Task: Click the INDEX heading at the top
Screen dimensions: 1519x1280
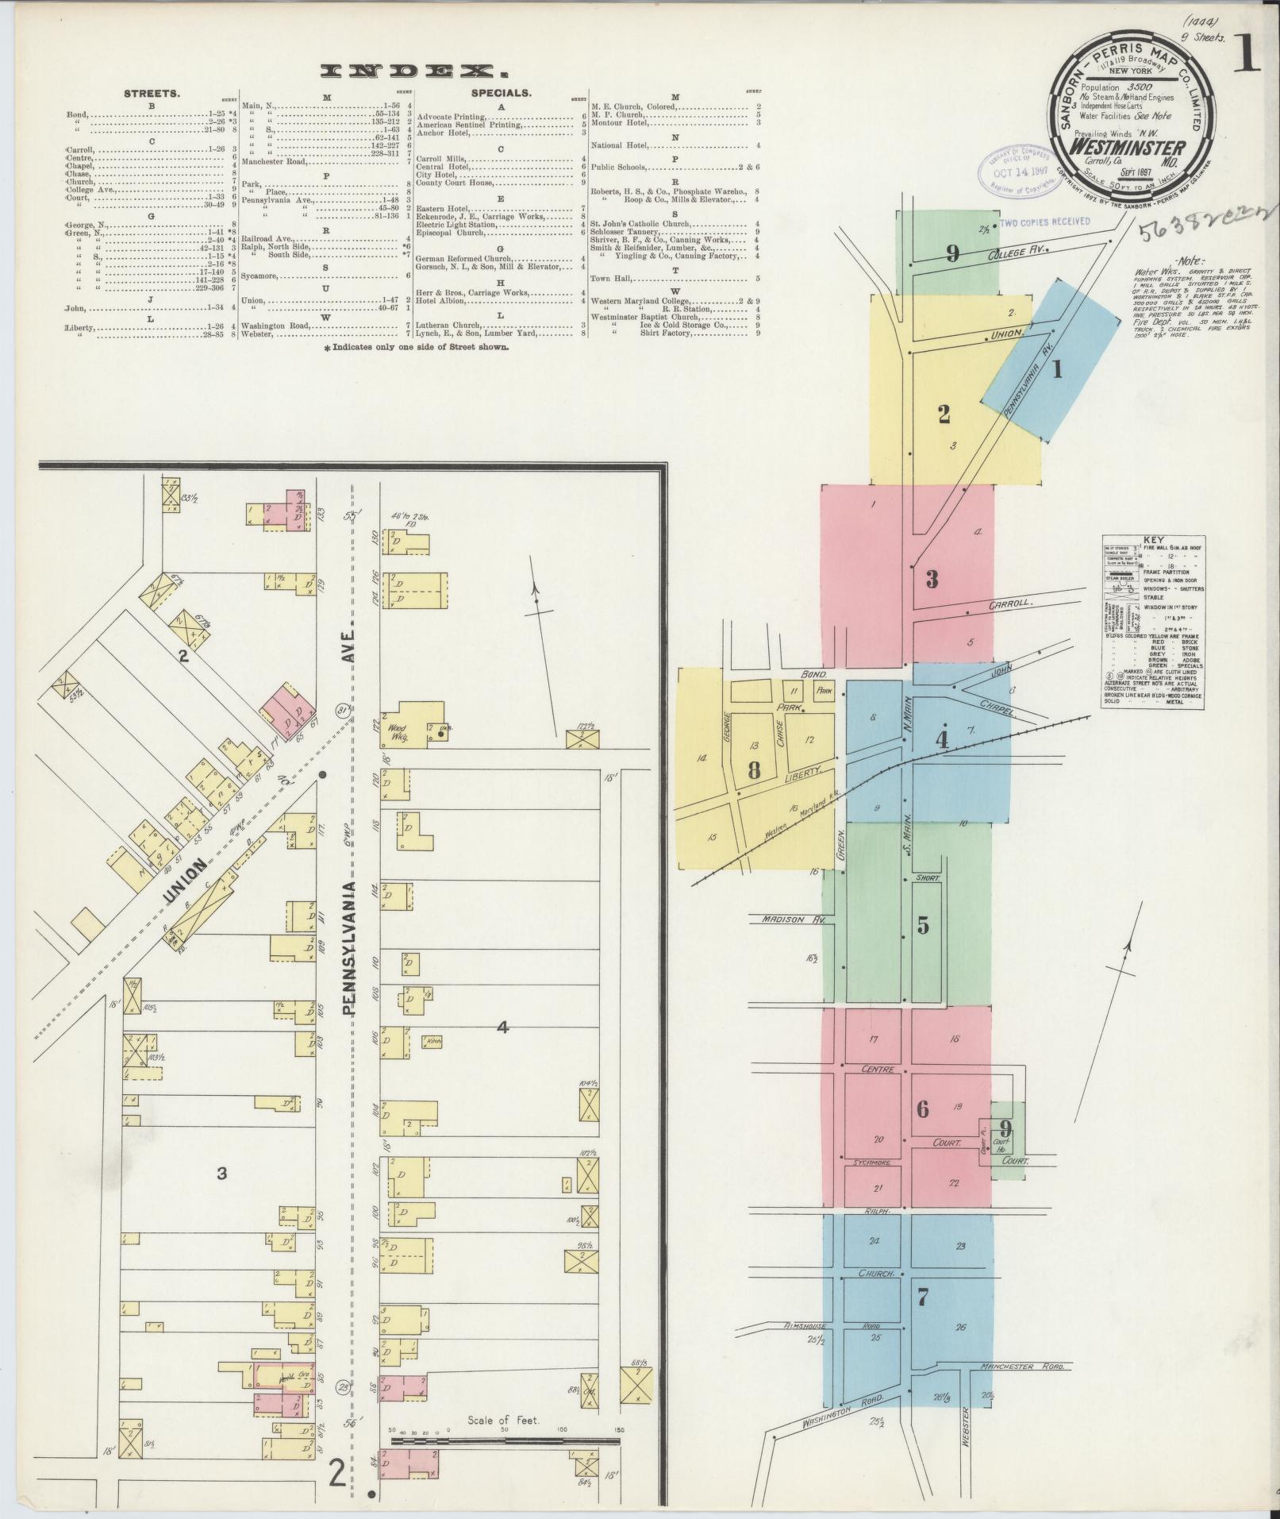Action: click(x=413, y=71)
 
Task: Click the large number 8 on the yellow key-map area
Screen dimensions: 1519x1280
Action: click(x=753, y=769)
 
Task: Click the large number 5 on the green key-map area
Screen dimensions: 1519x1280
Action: click(x=922, y=926)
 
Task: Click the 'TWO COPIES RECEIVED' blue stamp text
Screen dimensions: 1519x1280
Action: click(x=1044, y=223)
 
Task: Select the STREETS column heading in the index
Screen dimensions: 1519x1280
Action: click(x=152, y=94)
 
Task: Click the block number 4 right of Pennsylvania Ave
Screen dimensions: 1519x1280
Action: click(x=502, y=1027)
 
